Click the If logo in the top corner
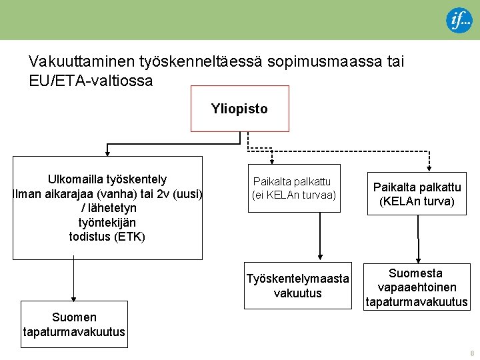[459, 20]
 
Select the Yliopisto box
[239, 109]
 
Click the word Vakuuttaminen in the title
[83, 62]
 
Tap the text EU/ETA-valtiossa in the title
[91, 81]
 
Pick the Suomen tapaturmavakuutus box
[74, 325]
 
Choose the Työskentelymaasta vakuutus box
[297, 286]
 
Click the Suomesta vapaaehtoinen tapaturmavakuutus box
[416, 287]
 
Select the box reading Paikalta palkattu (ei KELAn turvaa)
[294, 189]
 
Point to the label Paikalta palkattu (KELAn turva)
[417, 194]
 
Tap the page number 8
[472, 353]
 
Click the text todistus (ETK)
[107, 237]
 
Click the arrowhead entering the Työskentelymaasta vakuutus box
[321, 254]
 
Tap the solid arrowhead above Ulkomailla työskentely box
[106, 153]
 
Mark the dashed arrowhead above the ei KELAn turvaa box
[271, 160]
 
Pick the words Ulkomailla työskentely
[107, 179]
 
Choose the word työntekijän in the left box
[107, 222]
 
